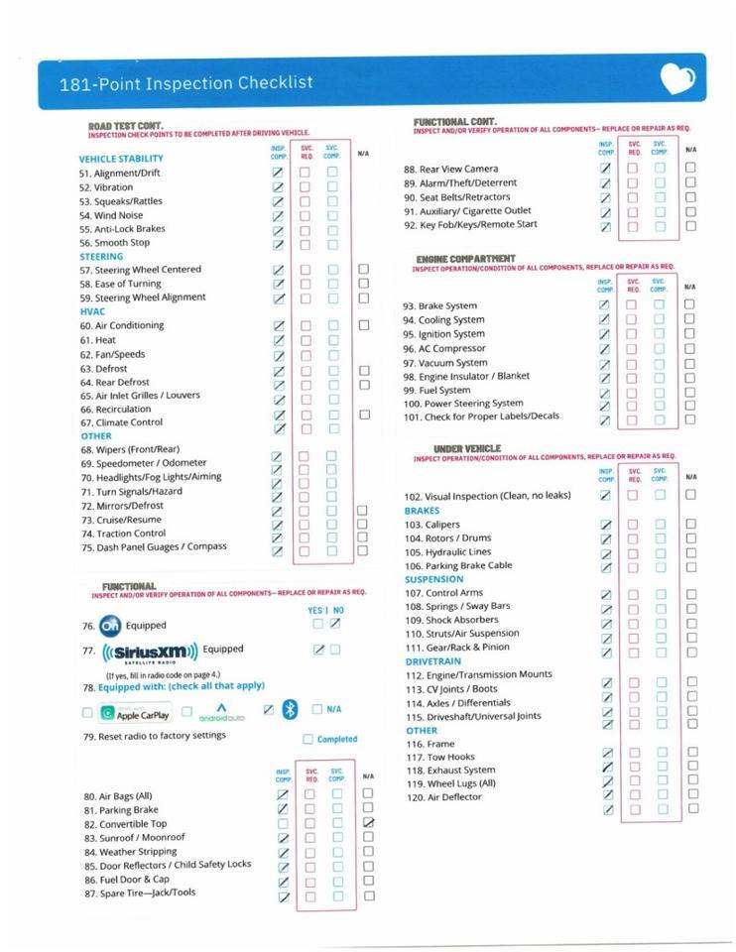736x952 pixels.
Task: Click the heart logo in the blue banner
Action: [x=677, y=79]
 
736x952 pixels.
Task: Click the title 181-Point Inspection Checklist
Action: [x=185, y=84]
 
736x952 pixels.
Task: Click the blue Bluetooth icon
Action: [x=290, y=709]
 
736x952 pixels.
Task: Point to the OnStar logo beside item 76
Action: [x=109, y=626]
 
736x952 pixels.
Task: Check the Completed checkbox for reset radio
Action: [x=307, y=739]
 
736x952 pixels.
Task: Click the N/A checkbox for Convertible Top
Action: [x=369, y=823]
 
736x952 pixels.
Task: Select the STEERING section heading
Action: [x=101, y=256]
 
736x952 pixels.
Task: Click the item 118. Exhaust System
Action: [x=449, y=771]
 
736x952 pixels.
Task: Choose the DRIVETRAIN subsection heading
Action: [x=432, y=660]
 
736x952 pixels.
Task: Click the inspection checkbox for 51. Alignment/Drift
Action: [x=278, y=173]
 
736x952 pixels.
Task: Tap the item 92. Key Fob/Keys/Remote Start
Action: [x=470, y=225]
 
